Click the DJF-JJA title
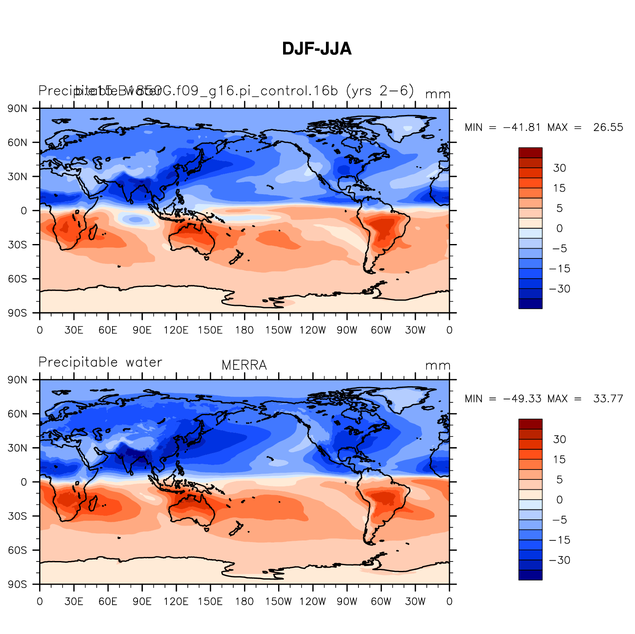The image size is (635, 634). [316, 49]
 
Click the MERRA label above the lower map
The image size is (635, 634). [244, 365]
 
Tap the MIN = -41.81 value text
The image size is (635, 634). [521, 127]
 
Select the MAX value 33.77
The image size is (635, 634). [608, 399]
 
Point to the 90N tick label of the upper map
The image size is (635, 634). [18, 108]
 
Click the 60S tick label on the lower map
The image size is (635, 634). [18, 550]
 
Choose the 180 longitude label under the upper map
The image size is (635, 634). [244, 330]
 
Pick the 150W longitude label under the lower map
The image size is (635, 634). [278, 601]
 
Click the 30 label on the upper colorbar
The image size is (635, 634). [559, 168]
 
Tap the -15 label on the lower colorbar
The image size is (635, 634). [560, 540]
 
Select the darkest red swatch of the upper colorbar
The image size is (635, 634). [530, 153]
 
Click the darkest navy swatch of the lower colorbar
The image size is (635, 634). [530, 575]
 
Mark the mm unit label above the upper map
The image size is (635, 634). [438, 94]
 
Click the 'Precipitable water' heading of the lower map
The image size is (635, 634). [100, 362]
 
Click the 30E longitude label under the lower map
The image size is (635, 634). [74, 601]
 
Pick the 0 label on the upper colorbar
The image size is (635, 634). [559, 228]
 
